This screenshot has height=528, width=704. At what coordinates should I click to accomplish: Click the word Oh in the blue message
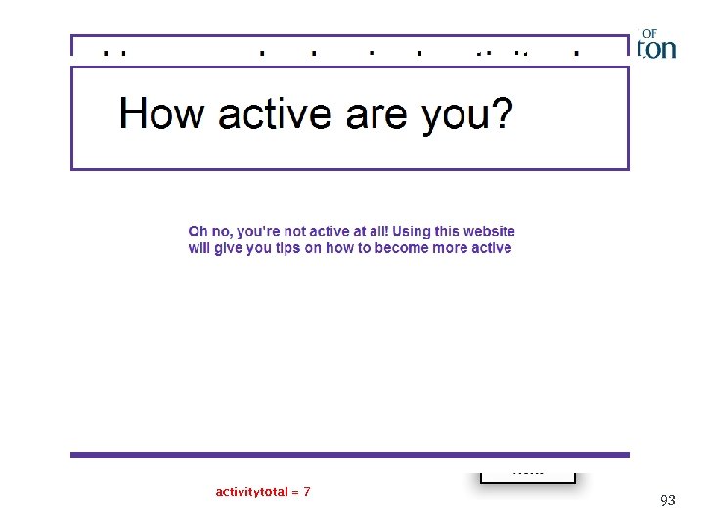(x=198, y=231)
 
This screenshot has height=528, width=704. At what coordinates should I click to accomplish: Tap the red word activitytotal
(x=251, y=491)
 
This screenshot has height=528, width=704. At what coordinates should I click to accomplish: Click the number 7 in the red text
(x=306, y=491)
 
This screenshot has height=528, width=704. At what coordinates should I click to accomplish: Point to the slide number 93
(x=667, y=500)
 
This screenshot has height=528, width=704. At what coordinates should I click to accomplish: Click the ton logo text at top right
(x=658, y=49)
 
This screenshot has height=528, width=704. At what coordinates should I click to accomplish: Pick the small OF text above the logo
(x=650, y=32)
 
